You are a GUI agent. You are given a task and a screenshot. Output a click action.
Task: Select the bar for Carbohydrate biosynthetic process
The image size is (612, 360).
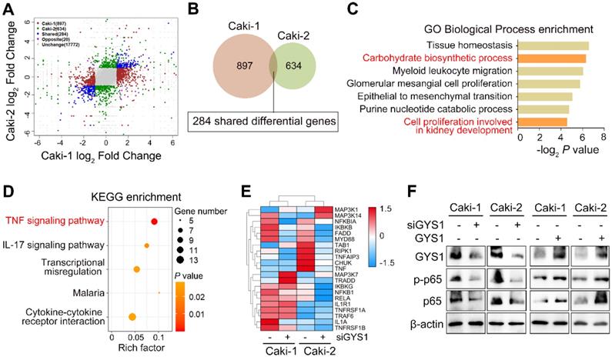point(553,58)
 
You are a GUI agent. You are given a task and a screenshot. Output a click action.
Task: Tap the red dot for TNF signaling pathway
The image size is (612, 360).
point(154,221)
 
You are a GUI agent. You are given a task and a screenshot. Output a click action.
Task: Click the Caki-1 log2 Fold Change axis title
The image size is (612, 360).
point(102,156)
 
